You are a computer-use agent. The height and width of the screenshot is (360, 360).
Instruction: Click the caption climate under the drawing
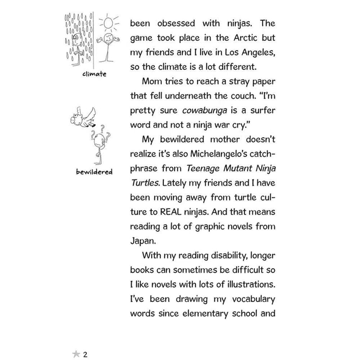(94, 73)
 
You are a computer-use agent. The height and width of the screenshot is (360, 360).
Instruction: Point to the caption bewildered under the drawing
(94, 172)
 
